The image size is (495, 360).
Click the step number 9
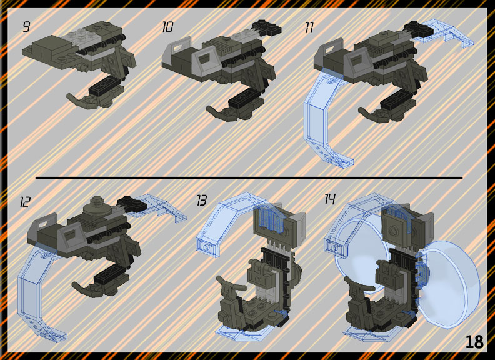[26, 27]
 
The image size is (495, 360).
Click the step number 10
[167, 27]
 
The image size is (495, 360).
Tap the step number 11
[309, 27]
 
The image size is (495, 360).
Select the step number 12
[24, 202]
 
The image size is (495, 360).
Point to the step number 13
[202, 200]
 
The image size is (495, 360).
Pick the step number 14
[330, 199]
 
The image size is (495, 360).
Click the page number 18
[474, 342]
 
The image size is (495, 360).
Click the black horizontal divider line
[249, 178]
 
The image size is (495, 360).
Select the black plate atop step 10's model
[267, 27]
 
